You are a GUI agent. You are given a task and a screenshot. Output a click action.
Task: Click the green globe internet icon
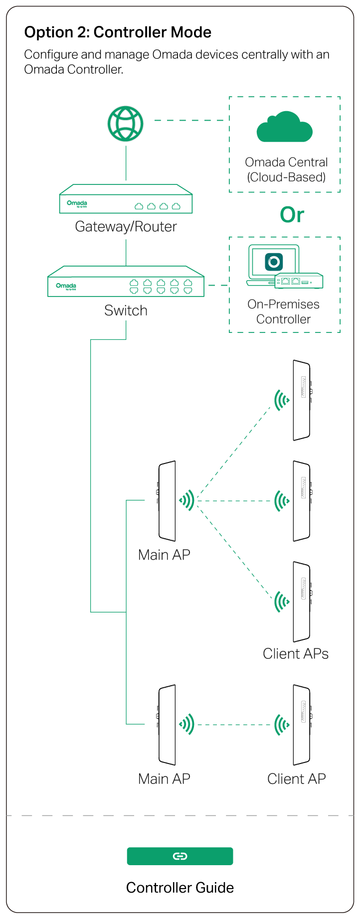pyautogui.click(x=126, y=124)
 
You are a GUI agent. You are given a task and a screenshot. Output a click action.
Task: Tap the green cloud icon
pyautogui.click(x=285, y=128)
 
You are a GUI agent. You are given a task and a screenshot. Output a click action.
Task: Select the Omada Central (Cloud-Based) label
pyautogui.click(x=286, y=169)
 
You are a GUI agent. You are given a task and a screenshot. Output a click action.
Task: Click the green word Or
pyautogui.click(x=292, y=215)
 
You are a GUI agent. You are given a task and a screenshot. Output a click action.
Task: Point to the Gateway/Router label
pyautogui.click(x=126, y=227)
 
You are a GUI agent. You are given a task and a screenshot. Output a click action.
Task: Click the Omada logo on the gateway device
pyautogui.click(x=77, y=203)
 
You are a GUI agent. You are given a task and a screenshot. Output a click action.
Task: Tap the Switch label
pyautogui.click(x=126, y=310)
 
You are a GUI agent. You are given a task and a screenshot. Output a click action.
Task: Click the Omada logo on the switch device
pyautogui.click(x=66, y=286)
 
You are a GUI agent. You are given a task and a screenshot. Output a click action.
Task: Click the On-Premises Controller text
pyautogui.click(x=283, y=311)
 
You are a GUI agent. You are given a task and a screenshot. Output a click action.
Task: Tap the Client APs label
pyautogui.click(x=296, y=654)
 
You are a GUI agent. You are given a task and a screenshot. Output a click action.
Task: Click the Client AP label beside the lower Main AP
pyautogui.click(x=296, y=779)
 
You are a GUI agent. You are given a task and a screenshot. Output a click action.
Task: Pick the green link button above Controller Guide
pyautogui.click(x=180, y=856)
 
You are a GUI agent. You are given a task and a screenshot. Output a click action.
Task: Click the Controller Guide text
pyautogui.click(x=180, y=888)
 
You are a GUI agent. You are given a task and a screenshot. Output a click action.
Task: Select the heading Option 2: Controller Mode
pyautogui.click(x=118, y=32)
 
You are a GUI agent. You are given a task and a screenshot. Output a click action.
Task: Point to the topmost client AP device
pyautogui.click(x=302, y=400)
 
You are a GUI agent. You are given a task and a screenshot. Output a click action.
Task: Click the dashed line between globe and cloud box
pyautogui.click(x=189, y=121)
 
